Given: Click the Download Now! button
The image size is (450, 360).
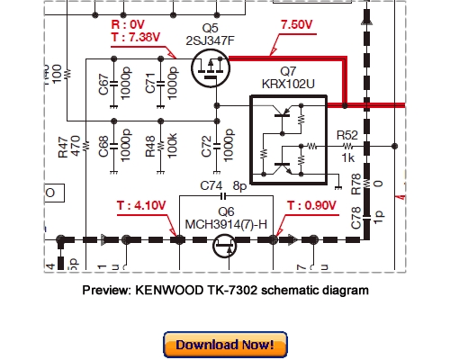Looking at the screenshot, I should pos(225,344).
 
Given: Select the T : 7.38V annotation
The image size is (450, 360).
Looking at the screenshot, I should pos(136,38).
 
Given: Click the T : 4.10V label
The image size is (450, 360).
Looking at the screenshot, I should pos(141,205).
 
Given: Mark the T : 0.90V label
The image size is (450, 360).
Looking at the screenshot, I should pos(312,205).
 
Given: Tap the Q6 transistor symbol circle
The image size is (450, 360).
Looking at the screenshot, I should pos(226,241).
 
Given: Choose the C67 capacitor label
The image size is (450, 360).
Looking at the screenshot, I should pos(103,87).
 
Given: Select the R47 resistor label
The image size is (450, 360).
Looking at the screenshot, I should pos(63,144).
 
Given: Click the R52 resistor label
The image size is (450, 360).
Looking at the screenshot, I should pos(346,135).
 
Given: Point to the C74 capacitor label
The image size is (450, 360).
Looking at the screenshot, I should pos(211,187).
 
